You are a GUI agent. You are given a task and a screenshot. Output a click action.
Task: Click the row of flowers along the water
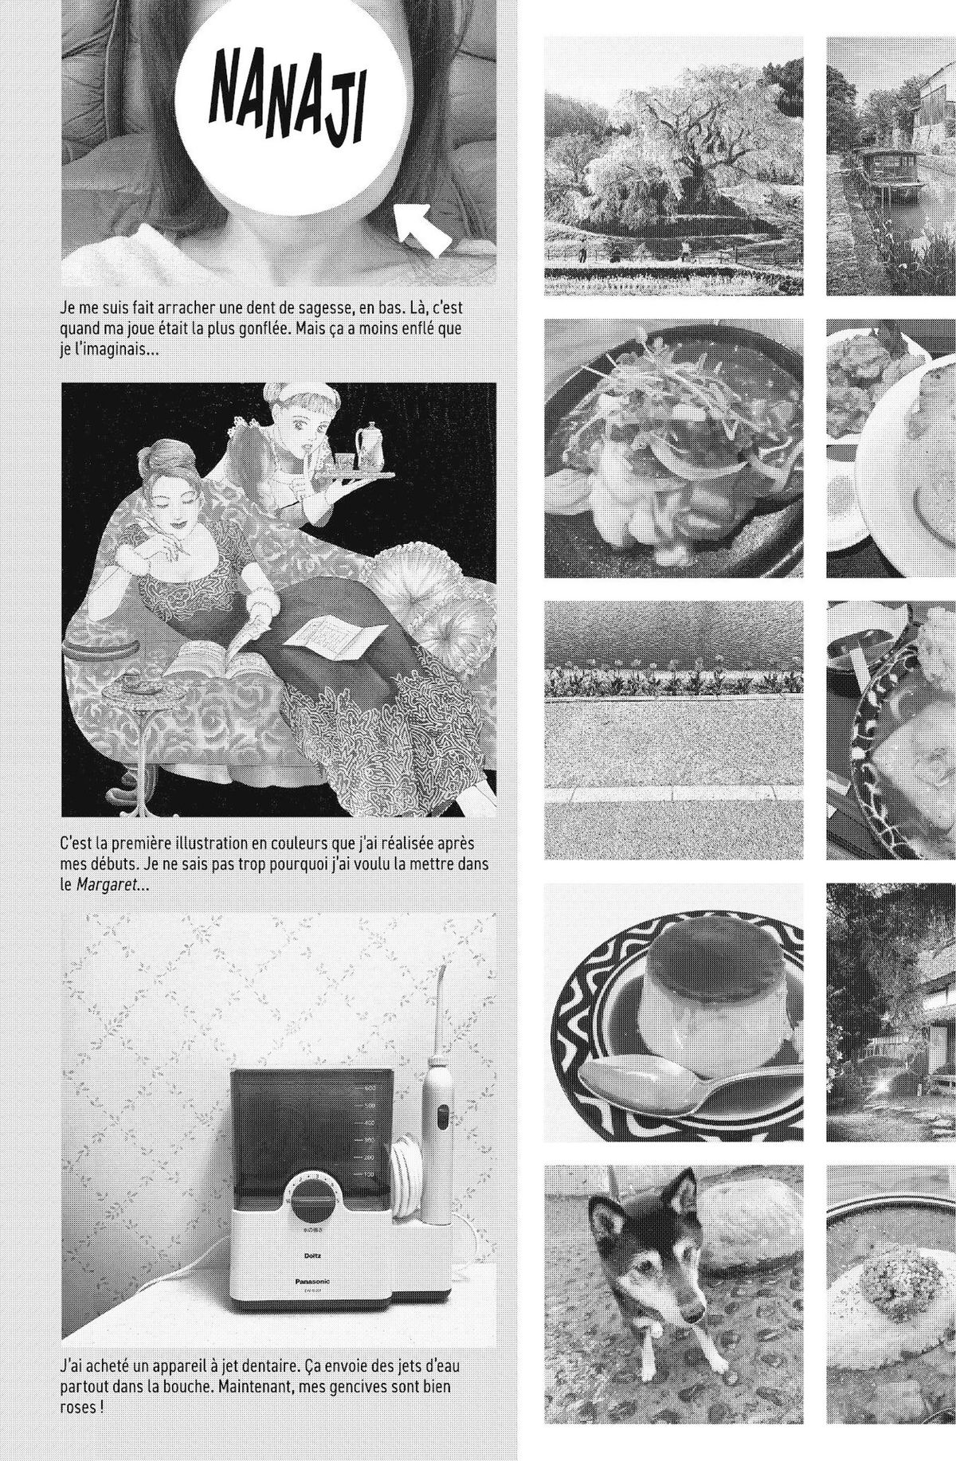(x=673, y=681)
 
